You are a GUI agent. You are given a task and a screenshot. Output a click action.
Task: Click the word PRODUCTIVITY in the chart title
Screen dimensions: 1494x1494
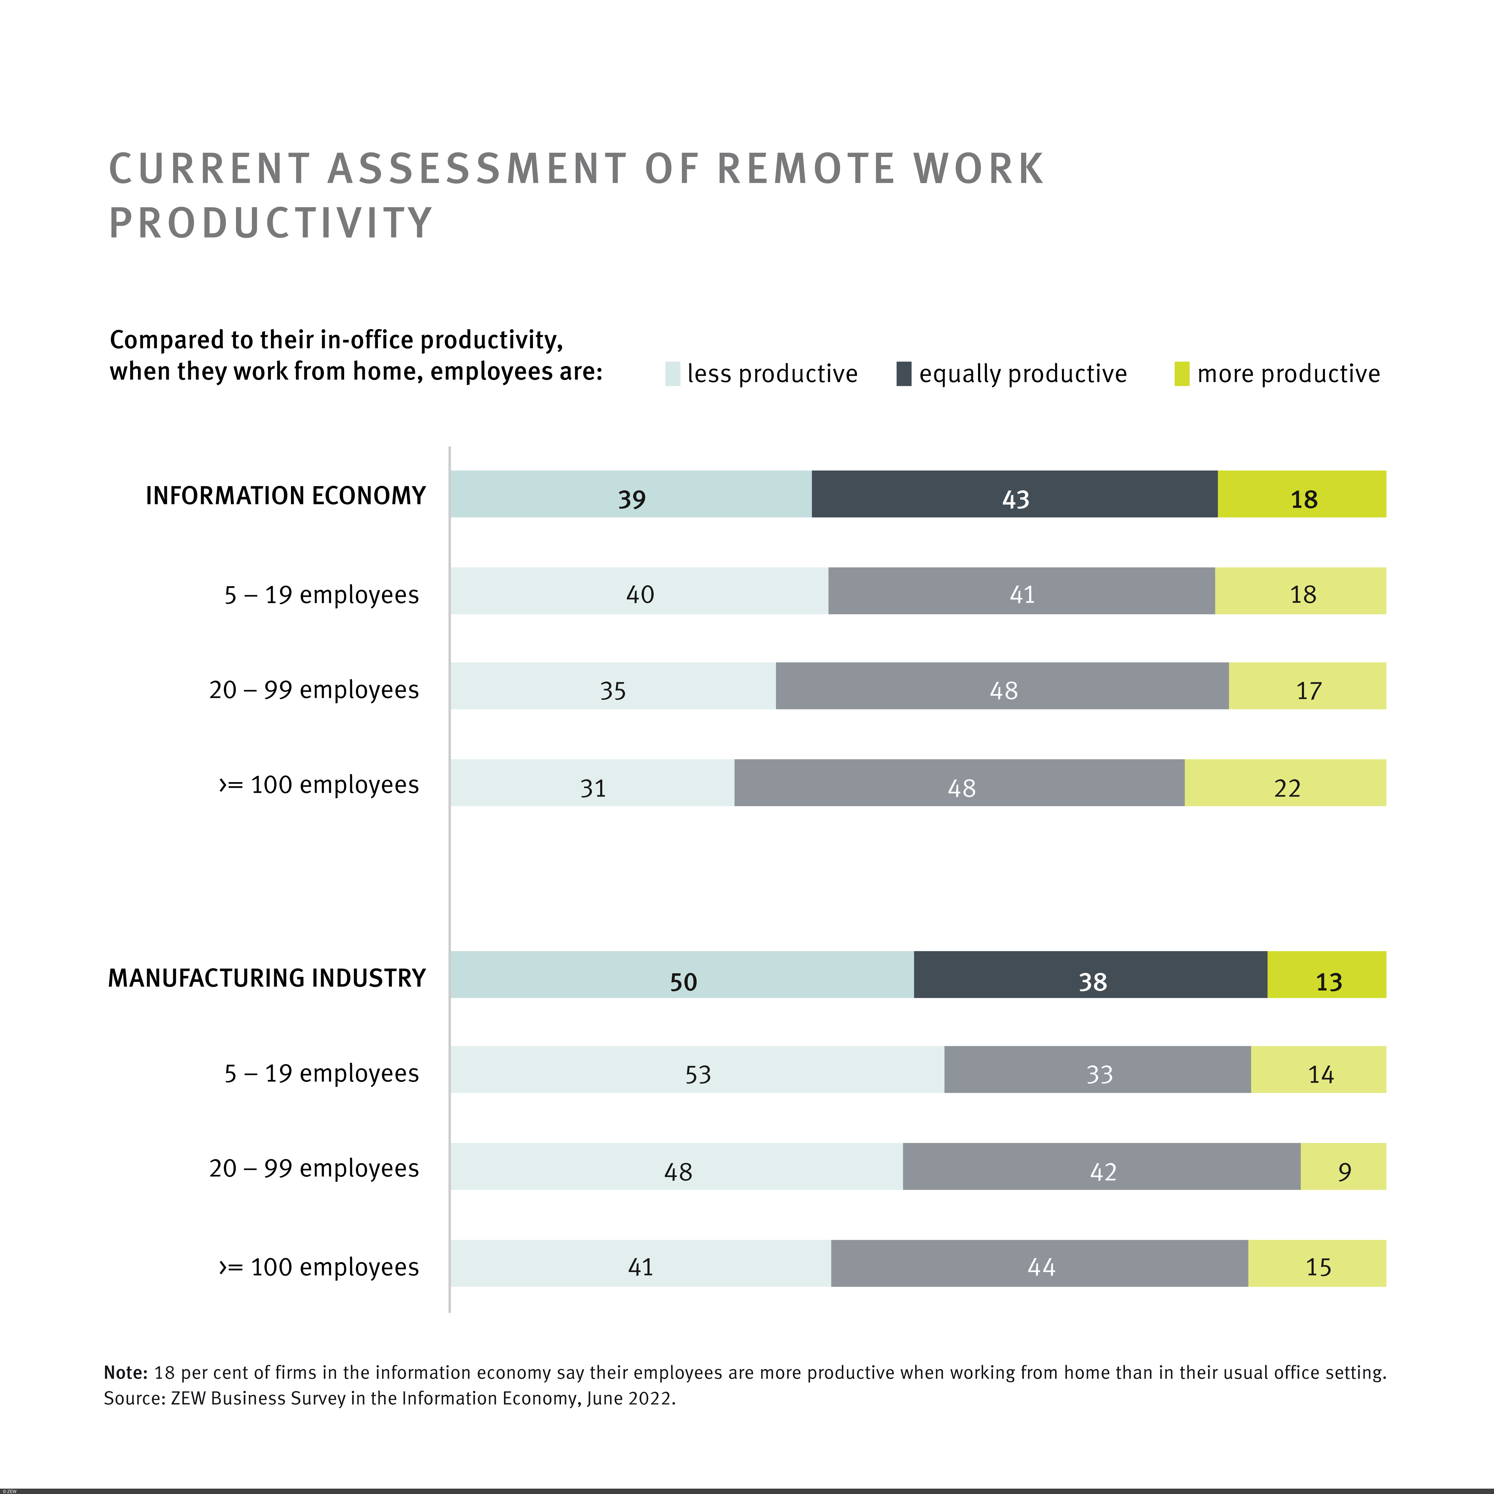271,223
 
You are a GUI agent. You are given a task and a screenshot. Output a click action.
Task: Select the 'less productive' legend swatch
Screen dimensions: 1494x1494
672,373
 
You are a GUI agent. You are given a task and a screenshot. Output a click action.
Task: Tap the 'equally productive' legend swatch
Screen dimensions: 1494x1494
903,373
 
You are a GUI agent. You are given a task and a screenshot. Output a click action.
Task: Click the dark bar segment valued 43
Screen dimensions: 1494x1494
1015,494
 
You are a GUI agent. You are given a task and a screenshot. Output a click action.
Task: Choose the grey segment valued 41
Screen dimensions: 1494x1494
1021,591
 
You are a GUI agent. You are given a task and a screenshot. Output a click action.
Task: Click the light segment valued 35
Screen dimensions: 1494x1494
612,686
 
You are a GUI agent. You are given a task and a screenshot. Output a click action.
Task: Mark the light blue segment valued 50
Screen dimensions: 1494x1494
682,974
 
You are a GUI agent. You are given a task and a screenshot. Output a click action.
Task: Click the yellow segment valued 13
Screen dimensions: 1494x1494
1327,974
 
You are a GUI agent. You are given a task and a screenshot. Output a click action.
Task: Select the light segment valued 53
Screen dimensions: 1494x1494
697,1069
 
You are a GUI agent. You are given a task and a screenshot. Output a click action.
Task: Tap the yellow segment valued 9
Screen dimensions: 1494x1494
1343,1166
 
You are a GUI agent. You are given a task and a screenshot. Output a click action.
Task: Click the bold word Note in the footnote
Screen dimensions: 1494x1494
125,1373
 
